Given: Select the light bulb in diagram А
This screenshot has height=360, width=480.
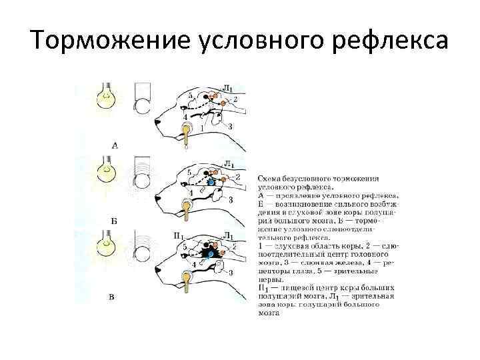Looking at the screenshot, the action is click(x=106, y=97).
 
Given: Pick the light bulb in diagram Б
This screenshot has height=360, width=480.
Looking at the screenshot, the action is click(x=106, y=171).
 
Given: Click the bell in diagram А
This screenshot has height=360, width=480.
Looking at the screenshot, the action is click(x=144, y=100).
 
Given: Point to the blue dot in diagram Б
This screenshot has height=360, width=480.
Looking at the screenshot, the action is click(x=211, y=181).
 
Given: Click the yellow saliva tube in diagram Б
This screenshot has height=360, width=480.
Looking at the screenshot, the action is click(x=187, y=213).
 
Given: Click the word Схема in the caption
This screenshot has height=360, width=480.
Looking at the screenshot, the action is click(x=268, y=179).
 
